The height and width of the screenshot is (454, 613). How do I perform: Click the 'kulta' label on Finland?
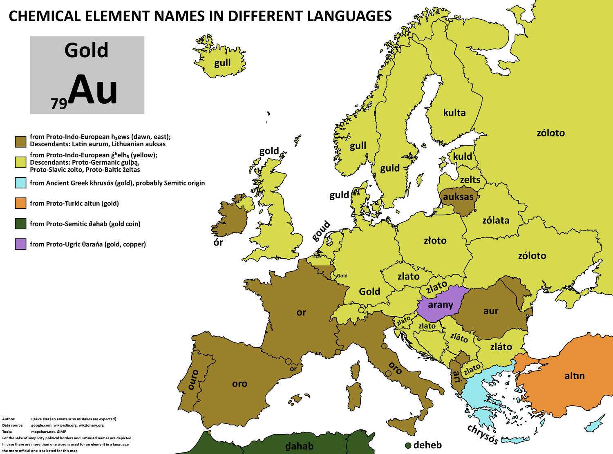tap(454, 112)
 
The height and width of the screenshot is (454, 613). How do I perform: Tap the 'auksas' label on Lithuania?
tap(458, 197)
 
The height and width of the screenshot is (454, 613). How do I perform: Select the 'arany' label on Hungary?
tap(441, 304)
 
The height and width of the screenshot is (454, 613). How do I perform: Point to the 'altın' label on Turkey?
tap(575, 376)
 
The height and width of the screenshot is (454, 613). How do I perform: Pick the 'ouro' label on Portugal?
tap(193, 380)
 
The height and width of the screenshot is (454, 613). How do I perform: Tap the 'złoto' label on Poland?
tap(435, 240)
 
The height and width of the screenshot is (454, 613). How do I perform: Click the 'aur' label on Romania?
tap(490, 311)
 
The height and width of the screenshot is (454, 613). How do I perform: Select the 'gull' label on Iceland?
tap(222, 63)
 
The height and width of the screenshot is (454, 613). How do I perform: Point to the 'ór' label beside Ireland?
tap(219, 242)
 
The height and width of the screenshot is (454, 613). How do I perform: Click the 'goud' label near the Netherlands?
tap(321, 231)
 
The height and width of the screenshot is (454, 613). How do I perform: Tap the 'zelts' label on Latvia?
tap(470, 179)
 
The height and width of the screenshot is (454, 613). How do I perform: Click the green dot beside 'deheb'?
tap(407, 445)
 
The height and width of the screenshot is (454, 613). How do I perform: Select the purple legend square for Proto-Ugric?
tap(20, 244)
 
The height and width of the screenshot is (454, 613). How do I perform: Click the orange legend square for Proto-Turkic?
tap(20, 203)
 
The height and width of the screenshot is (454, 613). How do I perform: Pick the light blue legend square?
tap(20, 183)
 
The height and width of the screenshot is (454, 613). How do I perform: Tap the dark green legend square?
tap(20, 224)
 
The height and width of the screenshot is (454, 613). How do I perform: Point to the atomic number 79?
tap(58, 104)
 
